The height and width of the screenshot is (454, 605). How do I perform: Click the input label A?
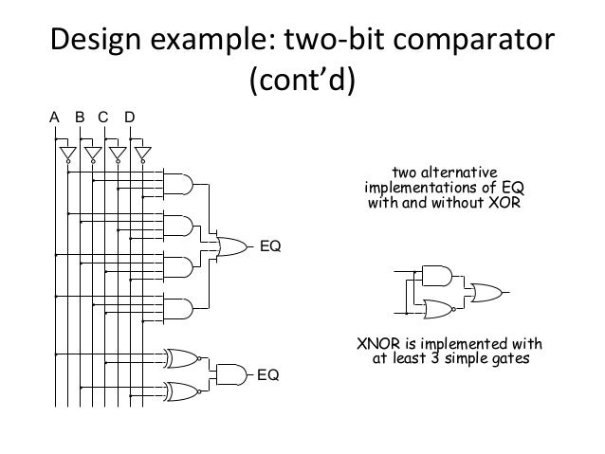55,118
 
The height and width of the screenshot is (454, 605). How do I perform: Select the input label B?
80,118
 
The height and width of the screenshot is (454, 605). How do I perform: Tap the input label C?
103,118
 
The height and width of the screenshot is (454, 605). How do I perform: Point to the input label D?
129,118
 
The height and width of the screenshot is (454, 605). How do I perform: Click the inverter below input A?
67,154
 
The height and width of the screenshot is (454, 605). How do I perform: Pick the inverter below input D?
142,154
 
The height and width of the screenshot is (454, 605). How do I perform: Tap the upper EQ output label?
271,247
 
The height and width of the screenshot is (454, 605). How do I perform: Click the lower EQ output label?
269,375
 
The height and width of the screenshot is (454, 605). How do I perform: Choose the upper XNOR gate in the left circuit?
181,357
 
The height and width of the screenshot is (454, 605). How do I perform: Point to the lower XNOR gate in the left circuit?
181,390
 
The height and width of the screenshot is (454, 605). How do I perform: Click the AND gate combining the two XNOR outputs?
230,373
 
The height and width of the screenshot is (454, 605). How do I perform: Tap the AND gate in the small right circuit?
435,276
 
